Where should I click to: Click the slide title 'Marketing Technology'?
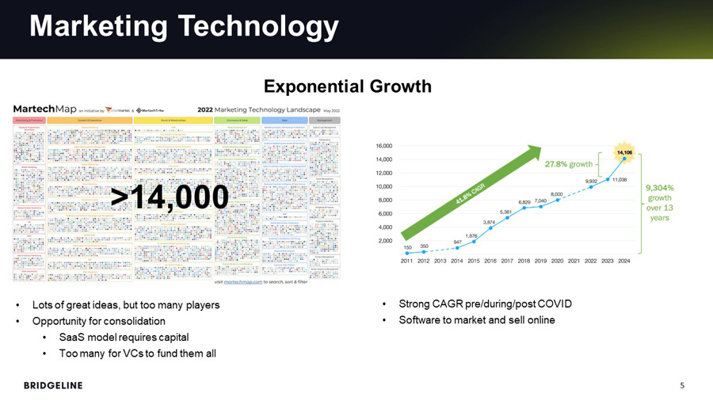click(x=184, y=27)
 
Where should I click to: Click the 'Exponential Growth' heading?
click(x=347, y=86)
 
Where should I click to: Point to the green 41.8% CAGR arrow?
click(x=471, y=190)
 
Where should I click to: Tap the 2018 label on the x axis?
click(x=524, y=261)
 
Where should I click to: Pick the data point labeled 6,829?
click(x=524, y=208)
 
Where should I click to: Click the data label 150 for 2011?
click(x=407, y=246)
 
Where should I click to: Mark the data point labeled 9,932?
click(x=591, y=187)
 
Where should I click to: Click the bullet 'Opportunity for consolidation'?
click(x=98, y=321)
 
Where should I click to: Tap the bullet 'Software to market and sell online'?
click(x=477, y=320)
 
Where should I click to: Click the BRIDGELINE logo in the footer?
click(x=52, y=385)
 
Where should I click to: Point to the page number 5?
click(x=683, y=385)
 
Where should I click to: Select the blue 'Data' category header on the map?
click(x=284, y=120)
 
